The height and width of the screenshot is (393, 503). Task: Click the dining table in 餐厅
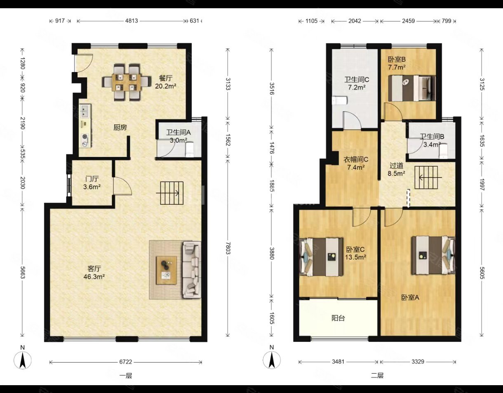point(126,82)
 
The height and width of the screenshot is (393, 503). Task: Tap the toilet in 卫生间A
point(190,150)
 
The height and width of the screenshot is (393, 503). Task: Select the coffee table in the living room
point(167,270)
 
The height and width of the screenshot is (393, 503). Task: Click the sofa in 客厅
point(192,269)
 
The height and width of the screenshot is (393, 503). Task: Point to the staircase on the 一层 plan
point(172,193)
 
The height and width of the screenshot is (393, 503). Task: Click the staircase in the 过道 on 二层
point(426,177)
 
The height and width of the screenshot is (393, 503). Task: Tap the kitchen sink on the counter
point(85,111)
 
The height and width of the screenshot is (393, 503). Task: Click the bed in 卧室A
point(433,255)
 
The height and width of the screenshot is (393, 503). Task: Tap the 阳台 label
point(338,318)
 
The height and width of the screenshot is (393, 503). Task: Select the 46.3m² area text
point(94,277)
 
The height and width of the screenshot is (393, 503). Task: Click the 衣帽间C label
point(356,159)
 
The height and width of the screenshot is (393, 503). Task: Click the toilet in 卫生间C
point(340,101)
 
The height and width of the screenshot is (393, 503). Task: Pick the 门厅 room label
point(92,179)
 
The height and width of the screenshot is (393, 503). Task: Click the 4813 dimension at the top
point(132,21)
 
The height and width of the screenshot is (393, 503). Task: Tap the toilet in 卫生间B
point(443,151)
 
